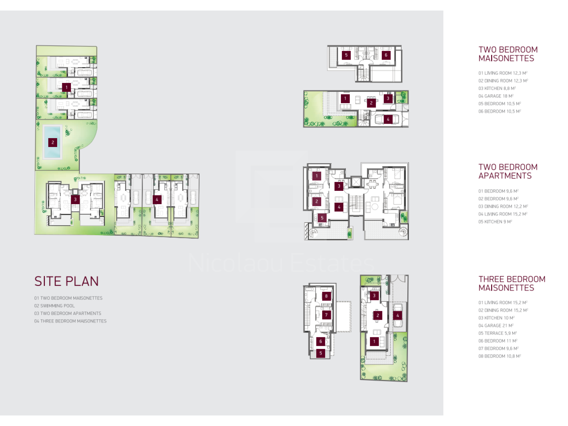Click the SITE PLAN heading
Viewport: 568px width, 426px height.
67,281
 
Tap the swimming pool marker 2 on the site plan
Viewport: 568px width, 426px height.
53,143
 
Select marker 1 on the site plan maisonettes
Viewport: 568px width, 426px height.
67,87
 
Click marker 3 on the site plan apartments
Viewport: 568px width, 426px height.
75,199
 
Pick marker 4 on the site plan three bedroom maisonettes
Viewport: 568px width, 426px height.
157,199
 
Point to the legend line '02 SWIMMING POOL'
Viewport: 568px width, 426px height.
54,306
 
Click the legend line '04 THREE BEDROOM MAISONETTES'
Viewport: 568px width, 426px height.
70,321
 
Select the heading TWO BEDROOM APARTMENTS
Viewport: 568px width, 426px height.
508,171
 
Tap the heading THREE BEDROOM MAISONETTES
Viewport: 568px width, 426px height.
512,283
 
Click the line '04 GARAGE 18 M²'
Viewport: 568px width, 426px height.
496,96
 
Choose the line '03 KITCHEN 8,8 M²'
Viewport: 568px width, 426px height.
497,88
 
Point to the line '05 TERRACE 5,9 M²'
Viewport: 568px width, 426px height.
498,333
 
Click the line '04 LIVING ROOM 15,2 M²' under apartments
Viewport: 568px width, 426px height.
503,214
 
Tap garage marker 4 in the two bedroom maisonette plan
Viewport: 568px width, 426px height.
388,119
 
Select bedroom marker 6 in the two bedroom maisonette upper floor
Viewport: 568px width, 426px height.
386,55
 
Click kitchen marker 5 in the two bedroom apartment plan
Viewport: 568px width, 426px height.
322,218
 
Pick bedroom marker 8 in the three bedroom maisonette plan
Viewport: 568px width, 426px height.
326,296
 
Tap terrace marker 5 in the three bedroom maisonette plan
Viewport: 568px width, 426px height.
321,353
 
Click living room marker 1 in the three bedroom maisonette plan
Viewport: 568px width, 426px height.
374,341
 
